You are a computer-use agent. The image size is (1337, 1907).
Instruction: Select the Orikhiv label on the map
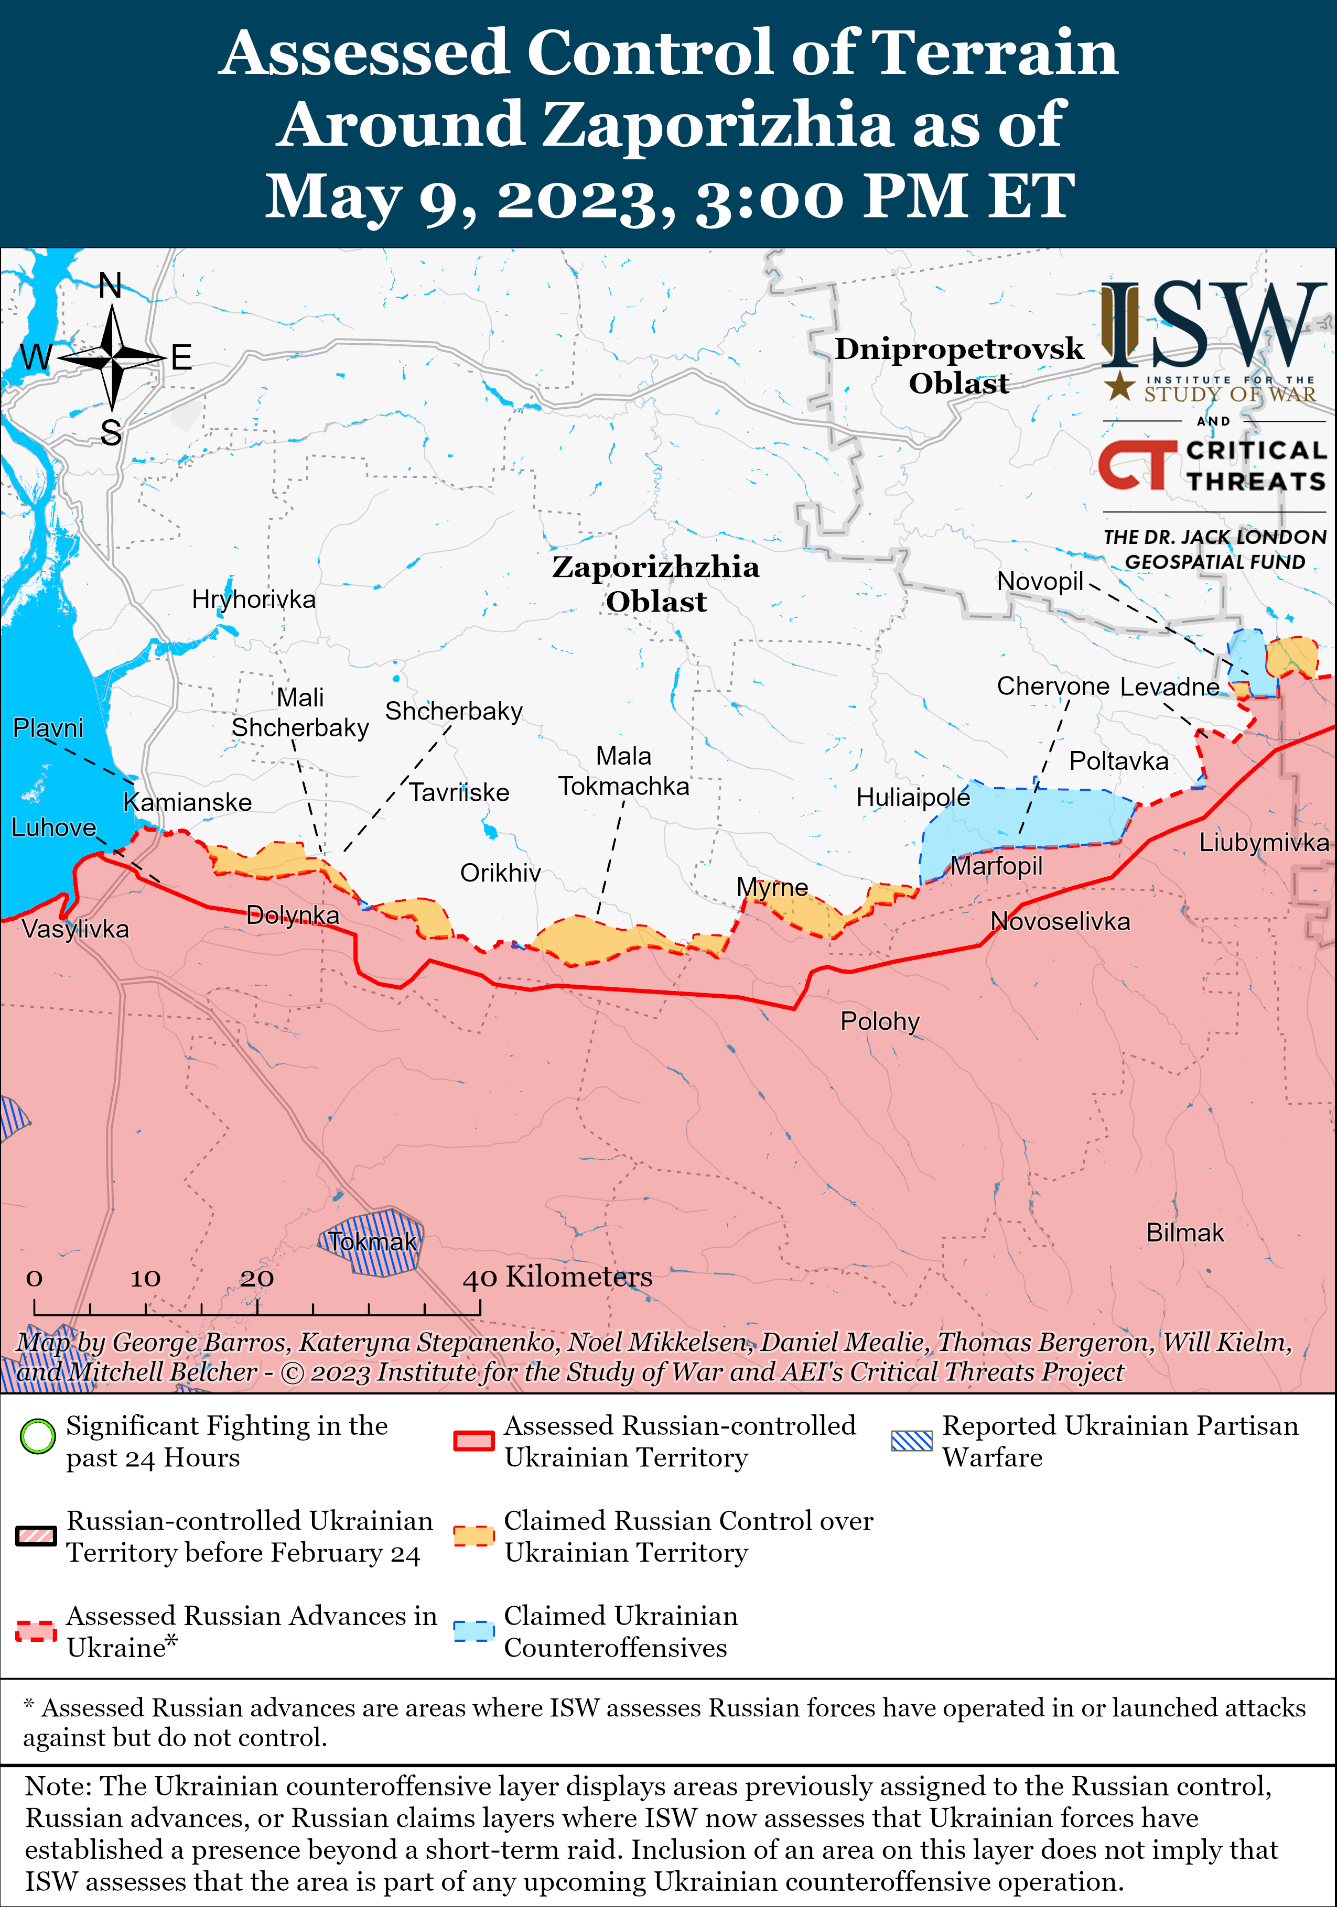(500, 873)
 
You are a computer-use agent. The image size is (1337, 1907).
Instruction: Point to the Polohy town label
(879, 1021)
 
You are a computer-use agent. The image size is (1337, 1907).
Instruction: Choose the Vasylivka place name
(76, 929)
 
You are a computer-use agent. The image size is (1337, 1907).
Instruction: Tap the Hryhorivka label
(253, 599)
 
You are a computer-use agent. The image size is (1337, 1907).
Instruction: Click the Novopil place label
(1040, 581)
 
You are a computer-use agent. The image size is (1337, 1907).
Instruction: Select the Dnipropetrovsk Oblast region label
(959, 365)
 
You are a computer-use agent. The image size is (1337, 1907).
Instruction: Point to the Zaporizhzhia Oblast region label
(655, 584)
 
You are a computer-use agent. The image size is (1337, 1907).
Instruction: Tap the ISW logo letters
(1214, 325)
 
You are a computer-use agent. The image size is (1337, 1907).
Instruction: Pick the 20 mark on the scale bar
(257, 1278)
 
